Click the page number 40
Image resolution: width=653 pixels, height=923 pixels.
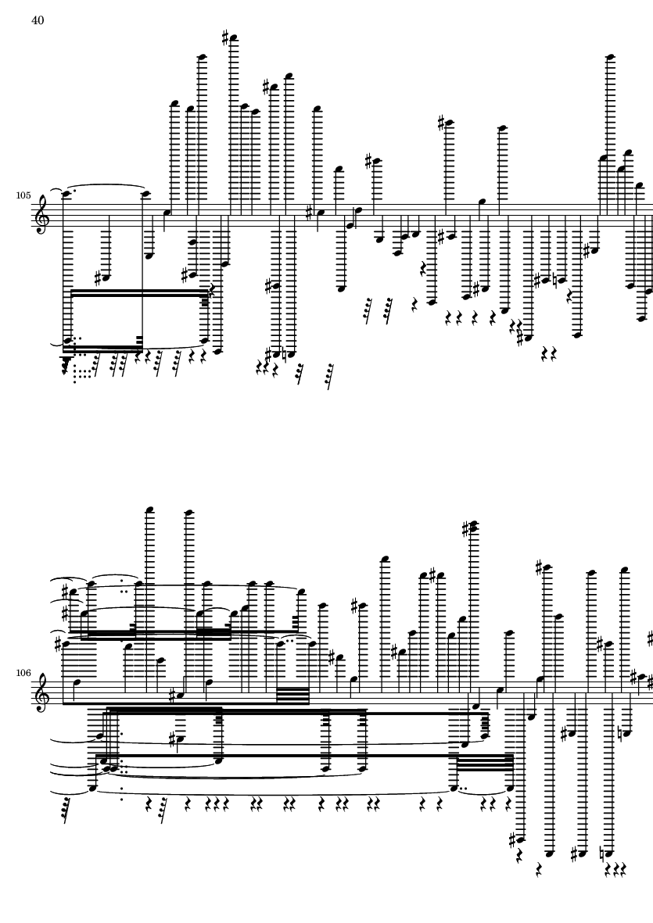click(38, 20)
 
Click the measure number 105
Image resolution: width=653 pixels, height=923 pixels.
click(23, 195)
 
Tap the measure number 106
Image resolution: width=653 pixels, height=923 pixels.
click(23, 672)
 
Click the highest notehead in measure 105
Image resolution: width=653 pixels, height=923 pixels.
click(234, 39)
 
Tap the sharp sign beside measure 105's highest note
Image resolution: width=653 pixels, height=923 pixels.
click(225, 38)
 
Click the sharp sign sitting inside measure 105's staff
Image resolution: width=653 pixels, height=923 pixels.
click(309, 211)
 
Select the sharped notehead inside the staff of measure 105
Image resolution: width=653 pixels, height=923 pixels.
click(321, 213)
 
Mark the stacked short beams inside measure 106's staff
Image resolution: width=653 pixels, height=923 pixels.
click(292, 696)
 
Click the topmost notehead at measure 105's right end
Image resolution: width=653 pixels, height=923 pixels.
click(611, 57)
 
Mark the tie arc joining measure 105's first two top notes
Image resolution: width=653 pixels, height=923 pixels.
click(109, 185)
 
